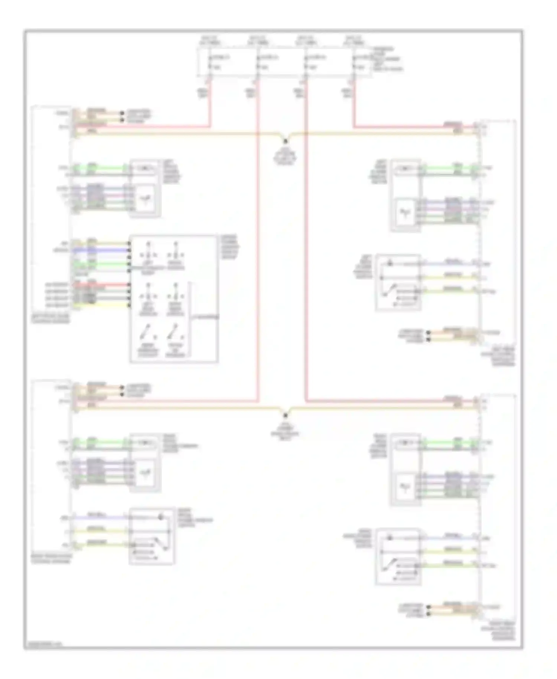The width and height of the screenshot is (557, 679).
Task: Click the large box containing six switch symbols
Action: [x=173, y=298]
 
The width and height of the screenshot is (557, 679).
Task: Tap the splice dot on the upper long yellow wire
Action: [x=286, y=141]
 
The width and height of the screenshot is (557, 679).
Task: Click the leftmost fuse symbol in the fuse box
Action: [x=210, y=62]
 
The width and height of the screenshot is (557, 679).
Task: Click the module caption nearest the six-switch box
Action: [x=51, y=318]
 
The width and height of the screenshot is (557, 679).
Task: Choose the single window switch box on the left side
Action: [x=152, y=536]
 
